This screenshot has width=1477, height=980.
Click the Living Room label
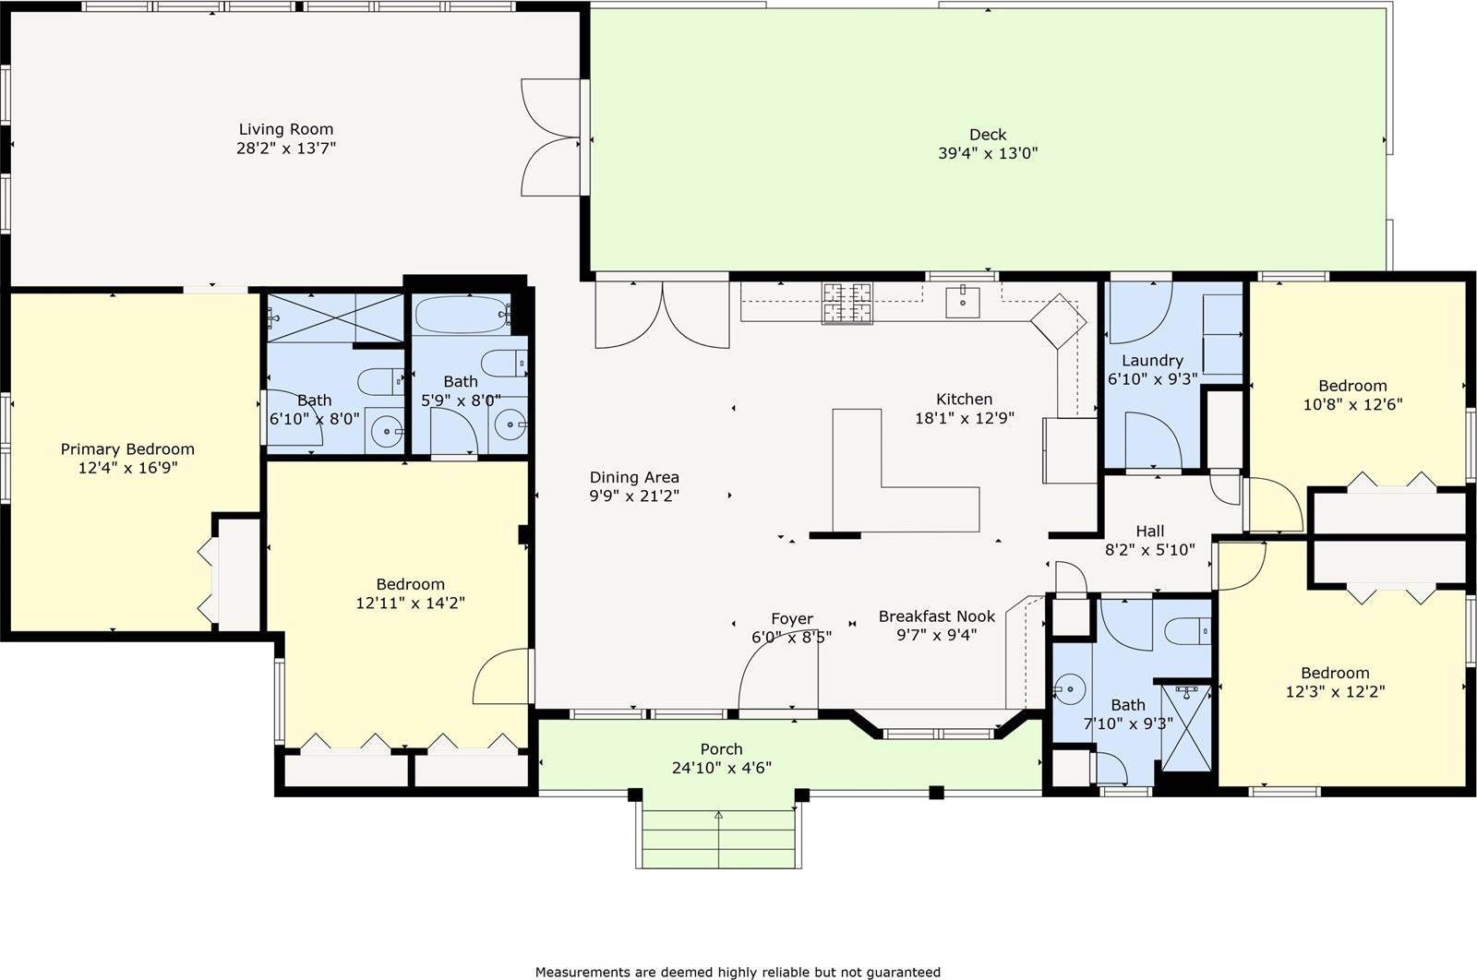coord(285,129)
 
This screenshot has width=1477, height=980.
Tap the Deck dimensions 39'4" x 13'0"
coord(988,153)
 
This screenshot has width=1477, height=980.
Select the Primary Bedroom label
coord(127,449)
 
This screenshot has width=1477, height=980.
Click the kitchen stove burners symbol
coord(847,303)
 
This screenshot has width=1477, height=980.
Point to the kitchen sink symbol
coord(963,303)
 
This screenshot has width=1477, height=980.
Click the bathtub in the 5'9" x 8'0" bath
coord(461,315)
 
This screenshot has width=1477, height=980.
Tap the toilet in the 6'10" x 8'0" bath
coord(380,382)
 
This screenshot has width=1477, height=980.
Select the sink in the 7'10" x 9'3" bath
coord(1069,689)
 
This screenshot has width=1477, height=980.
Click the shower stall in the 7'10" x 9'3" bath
coord(1185,727)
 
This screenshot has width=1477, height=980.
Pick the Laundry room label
coord(1152,361)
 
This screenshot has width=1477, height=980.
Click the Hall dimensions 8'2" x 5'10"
coord(1150,550)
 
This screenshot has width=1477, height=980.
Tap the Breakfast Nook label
coord(936,616)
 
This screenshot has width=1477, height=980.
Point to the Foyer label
coord(792,619)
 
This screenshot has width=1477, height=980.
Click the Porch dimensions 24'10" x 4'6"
coord(721,768)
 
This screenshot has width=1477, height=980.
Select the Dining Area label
coord(633,477)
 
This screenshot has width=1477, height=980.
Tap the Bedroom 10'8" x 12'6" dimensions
coord(1352,404)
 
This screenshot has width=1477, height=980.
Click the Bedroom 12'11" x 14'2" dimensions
coord(410,603)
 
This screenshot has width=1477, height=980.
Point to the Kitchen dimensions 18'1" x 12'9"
coord(964,418)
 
